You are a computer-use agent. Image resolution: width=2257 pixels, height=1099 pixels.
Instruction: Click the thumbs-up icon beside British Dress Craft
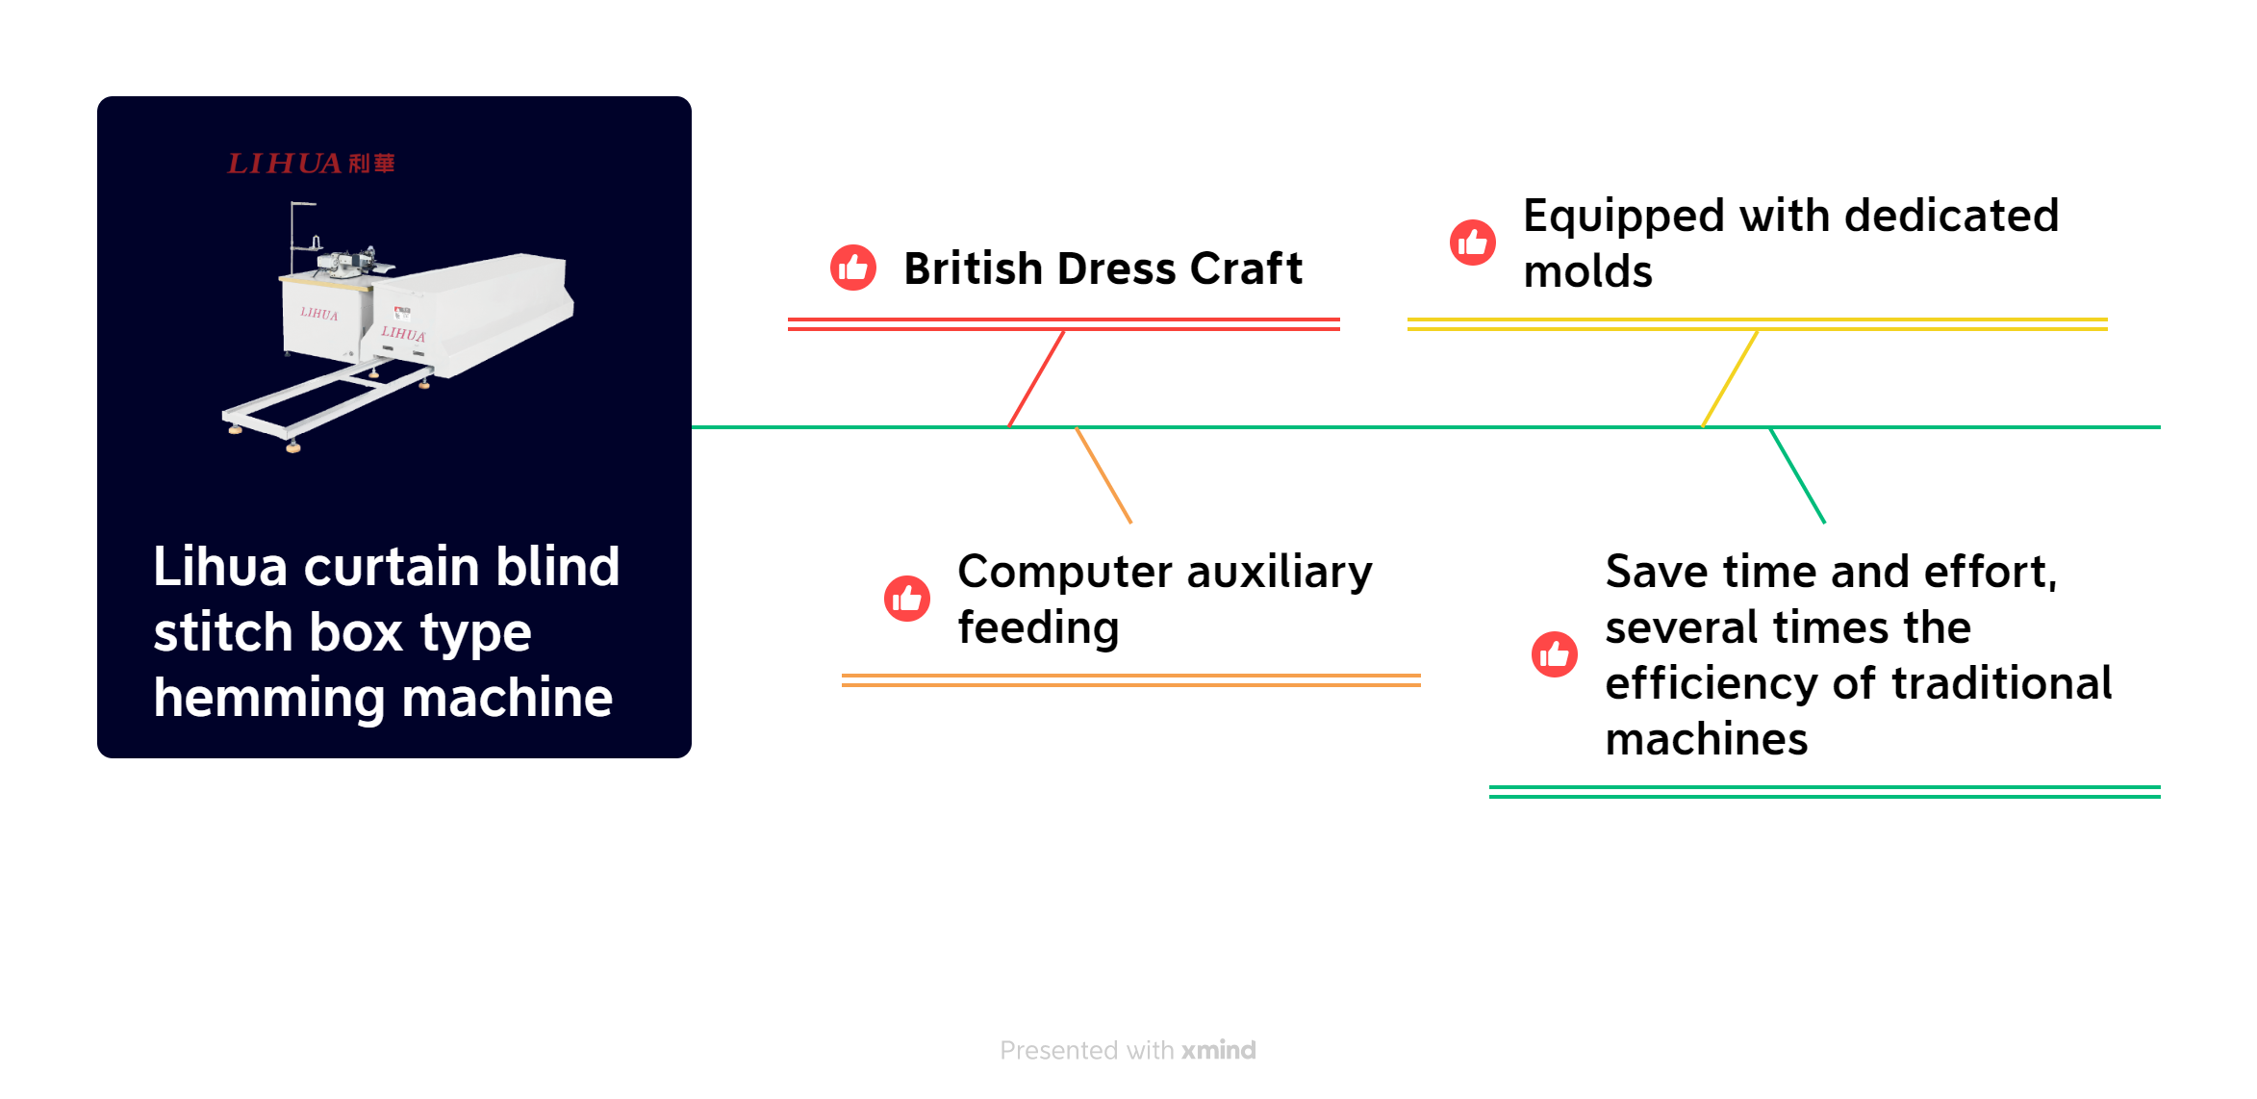(x=853, y=268)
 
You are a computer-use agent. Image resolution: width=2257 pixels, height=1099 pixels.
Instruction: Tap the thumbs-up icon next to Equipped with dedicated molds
(x=1473, y=242)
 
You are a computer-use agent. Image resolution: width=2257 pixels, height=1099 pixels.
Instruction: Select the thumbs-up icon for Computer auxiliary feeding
(x=907, y=599)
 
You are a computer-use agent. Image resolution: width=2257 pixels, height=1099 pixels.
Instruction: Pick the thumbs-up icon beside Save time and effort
(x=1555, y=654)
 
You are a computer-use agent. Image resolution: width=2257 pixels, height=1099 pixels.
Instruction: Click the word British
(x=973, y=268)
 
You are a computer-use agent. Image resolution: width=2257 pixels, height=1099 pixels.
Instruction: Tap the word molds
(x=1588, y=271)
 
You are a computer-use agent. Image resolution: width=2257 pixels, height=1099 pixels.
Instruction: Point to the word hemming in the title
(x=269, y=699)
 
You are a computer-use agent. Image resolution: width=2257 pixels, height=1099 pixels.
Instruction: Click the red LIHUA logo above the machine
(x=311, y=164)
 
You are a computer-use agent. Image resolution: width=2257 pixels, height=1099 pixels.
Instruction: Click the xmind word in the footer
(x=1219, y=1050)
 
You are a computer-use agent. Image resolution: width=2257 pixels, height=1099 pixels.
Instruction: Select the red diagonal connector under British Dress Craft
(x=1036, y=378)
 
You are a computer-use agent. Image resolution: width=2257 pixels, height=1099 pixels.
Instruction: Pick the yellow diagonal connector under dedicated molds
(x=1730, y=378)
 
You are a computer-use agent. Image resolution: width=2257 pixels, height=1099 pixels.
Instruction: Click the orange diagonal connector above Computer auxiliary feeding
(x=1103, y=475)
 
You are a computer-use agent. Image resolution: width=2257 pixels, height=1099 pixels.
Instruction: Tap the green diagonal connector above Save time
(x=1797, y=475)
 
